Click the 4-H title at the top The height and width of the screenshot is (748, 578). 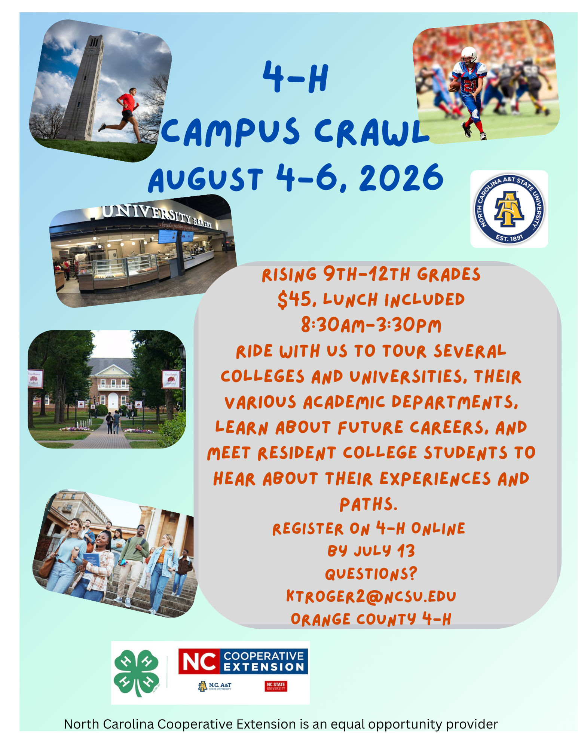tap(296, 77)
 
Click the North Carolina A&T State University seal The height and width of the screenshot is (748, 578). tap(509, 209)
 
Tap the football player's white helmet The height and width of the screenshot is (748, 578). tap(468, 55)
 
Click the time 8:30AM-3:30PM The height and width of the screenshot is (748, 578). tap(371, 325)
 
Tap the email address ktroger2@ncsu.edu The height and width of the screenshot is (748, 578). tap(371, 596)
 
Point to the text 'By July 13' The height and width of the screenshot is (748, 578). tap(371, 551)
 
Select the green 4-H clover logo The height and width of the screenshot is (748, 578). tap(137, 673)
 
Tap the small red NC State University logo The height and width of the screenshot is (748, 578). tap(276, 686)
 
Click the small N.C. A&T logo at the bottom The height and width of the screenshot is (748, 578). tap(215, 686)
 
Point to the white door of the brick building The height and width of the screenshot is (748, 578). tap(113, 401)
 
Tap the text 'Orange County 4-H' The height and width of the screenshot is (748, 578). tap(371, 619)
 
